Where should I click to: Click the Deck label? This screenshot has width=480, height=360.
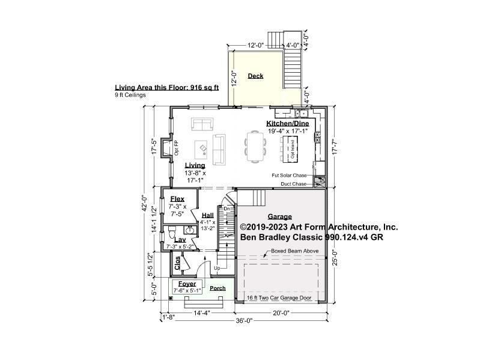coord(255,76)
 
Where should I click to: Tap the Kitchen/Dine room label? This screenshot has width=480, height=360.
coord(287,123)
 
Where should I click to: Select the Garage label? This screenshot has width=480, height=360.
coord(280,217)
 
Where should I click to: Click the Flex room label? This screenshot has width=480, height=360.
coord(177,199)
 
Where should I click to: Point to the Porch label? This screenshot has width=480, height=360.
coord(217,288)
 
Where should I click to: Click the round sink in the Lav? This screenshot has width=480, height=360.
coord(189,230)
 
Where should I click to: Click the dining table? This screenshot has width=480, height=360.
coord(255,146)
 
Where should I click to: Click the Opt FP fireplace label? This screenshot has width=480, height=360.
coord(177,147)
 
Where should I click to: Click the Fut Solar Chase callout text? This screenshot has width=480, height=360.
coord(290,175)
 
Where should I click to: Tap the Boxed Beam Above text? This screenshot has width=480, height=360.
coord(291,251)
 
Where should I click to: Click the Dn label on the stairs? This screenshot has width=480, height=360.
coord(219,209)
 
